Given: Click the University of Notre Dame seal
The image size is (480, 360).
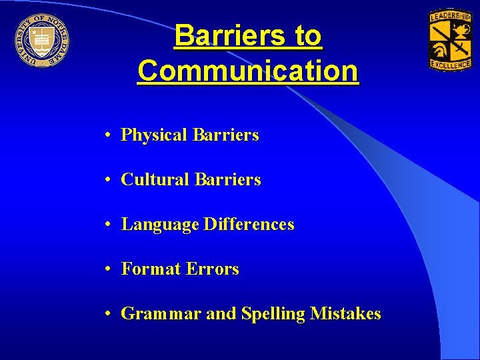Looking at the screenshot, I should click(x=41, y=41).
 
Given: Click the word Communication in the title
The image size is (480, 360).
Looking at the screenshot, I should click(x=247, y=71).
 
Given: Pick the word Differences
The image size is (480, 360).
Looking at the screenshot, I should click(x=249, y=225).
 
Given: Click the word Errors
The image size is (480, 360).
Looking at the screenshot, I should click(x=213, y=269).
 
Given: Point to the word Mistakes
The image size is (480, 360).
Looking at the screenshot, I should click(x=345, y=313).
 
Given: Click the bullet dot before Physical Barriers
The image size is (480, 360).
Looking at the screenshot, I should click(x=107, y=135).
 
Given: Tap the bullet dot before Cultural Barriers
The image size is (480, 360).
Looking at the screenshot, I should click(x=107, y=180).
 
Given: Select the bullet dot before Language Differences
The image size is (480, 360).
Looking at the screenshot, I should click(x=107, y=225).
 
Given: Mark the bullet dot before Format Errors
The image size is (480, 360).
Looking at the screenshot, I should click(x=107, y=269).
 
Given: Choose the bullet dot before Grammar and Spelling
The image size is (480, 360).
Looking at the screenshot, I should click(x=107, y=314).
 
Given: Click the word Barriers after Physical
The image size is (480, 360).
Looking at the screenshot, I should click(x=225, y=135).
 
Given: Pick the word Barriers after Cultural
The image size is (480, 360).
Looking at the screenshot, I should click(x=227, y=180).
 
